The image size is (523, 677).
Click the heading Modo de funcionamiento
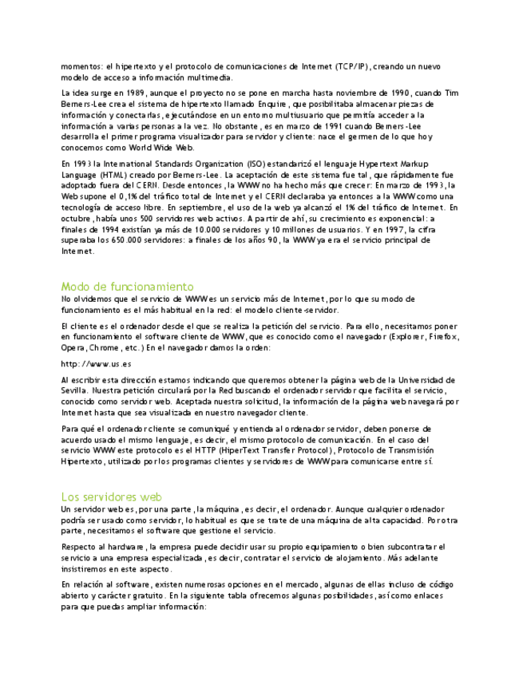[x=127, y=286]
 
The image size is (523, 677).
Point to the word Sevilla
[x=74, y=391]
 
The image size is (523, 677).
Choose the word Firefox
[x=442, y=337]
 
